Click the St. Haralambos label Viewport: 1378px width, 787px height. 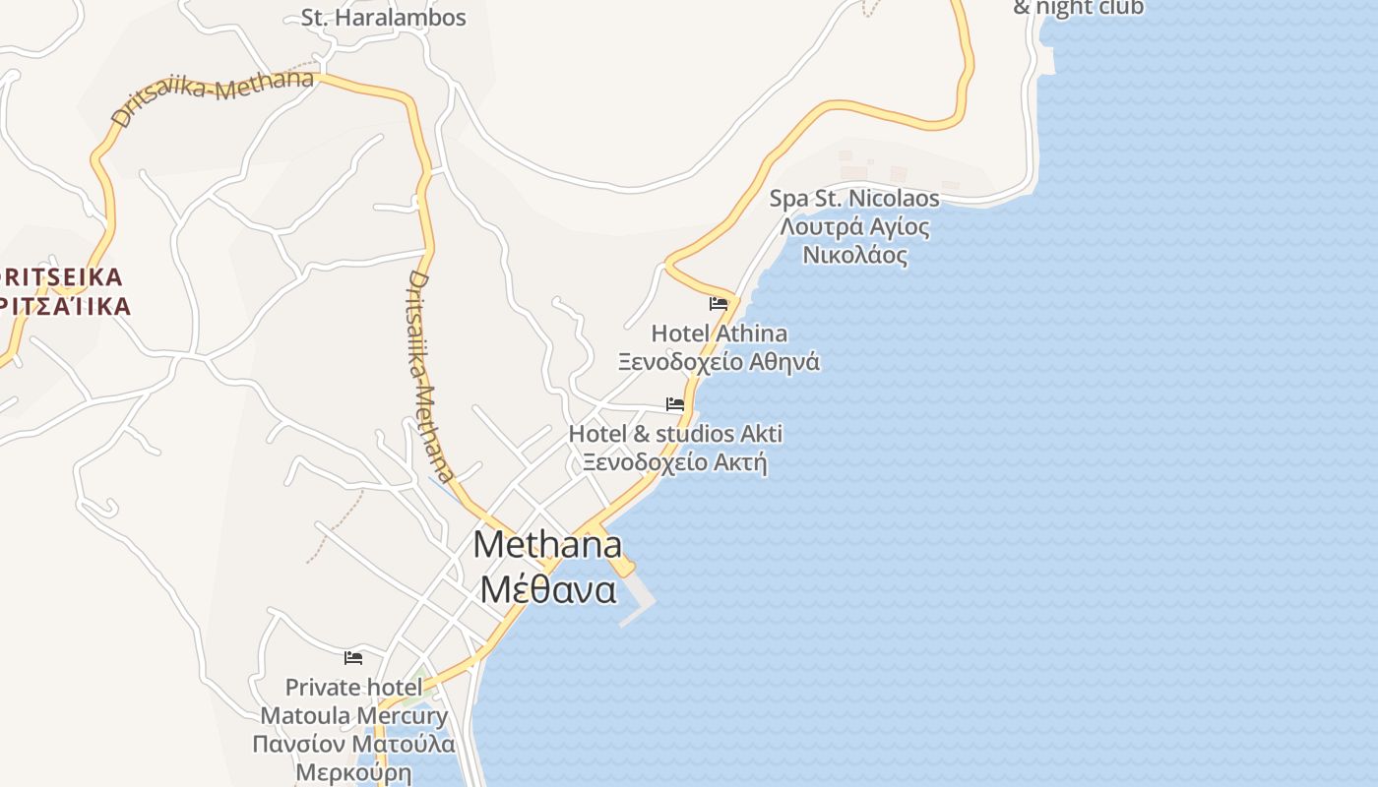[x=384, y=18]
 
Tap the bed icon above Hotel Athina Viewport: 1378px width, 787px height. [x=719, y=304]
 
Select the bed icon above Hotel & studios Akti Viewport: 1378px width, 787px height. [x=675, y=403]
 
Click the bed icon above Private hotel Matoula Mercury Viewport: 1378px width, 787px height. [x=353, y=657]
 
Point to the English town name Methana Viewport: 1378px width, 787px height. [x=547, y=544]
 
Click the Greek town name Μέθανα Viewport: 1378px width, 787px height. [x=547, y=589]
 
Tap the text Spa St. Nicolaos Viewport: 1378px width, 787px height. [x=853, y=199]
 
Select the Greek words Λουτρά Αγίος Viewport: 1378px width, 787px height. [x=853, y=227]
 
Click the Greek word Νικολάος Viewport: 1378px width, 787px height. [x=853, y=255]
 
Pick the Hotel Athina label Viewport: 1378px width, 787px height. [x=719, y=333]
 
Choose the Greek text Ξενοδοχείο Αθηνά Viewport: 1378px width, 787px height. [x=719, y=361]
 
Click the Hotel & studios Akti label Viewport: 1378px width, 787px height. [x=675, y=433]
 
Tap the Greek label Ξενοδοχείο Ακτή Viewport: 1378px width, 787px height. [x=675, y=461]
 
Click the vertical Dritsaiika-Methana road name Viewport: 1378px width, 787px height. [x=430, y=377]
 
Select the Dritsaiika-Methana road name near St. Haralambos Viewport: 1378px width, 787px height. [x=214, y=96]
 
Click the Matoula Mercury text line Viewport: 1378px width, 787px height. [x=353, y=715]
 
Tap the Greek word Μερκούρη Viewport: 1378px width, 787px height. [x=353, y=771]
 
